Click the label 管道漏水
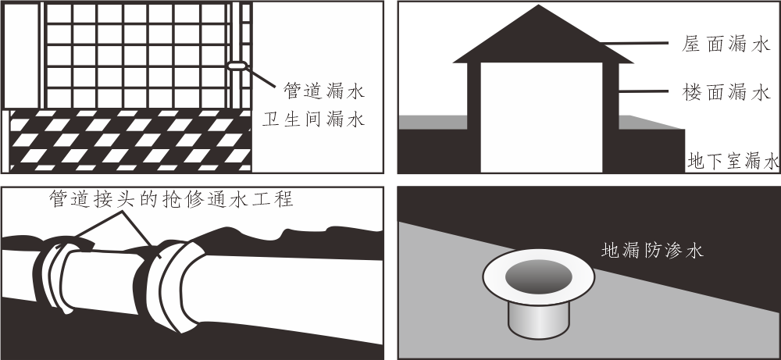click(x=324, y=91)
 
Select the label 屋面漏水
click(x=726, y=45)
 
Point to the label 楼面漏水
click(x=726, y=92)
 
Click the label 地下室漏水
click(x=733, y=162)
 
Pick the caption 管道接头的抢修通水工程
click(x=171, y=199)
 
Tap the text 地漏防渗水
click(x=652, y=250)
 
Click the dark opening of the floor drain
click(x=538, y=276)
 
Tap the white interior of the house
click(x=542, y=117)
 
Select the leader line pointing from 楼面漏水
click(x=643, y=91)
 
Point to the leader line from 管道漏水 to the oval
click(x=261, y=77)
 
